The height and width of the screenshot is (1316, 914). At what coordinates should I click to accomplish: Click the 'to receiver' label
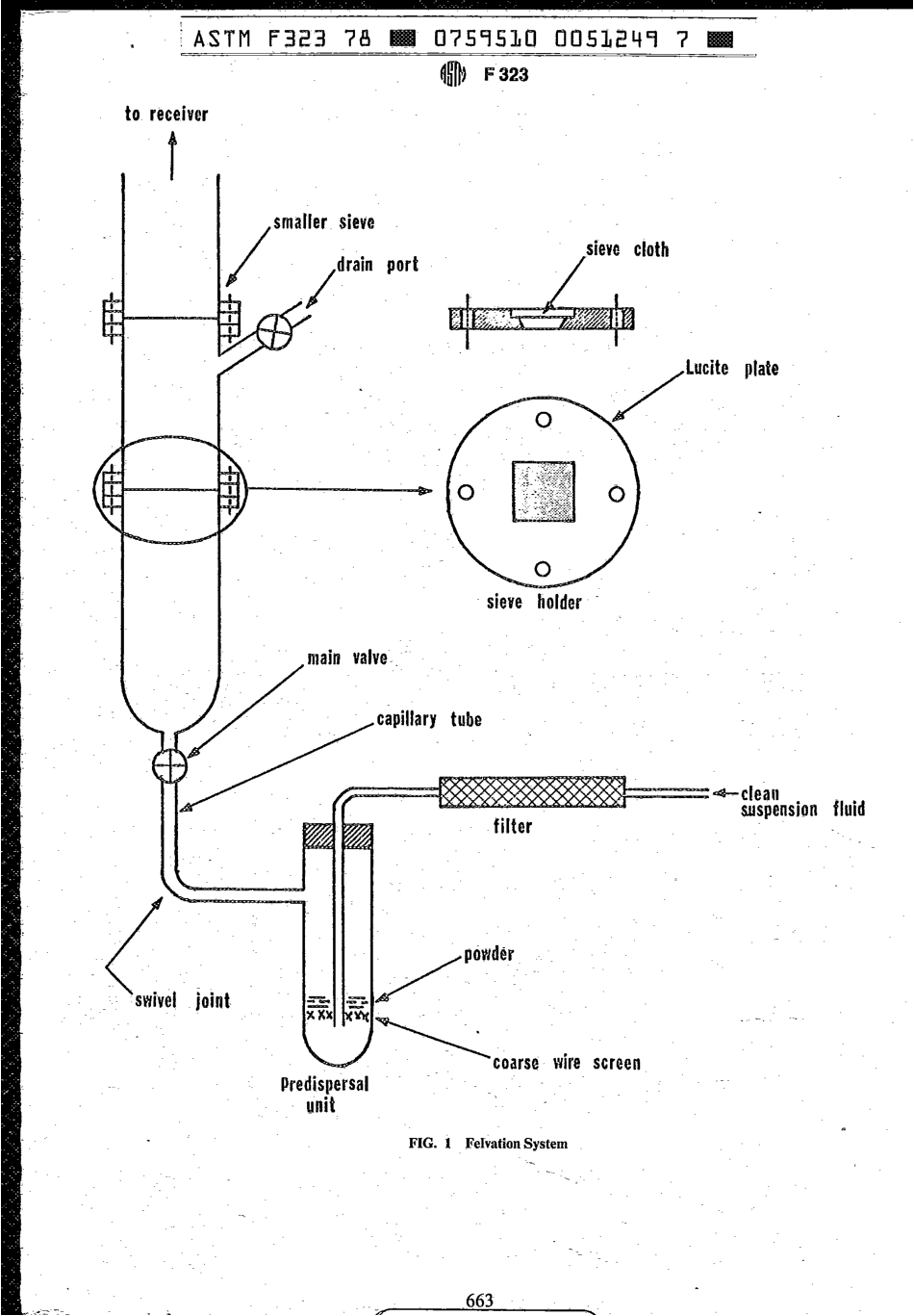(x=165, y=115)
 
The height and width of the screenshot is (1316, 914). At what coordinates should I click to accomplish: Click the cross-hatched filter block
(x=531, y=793)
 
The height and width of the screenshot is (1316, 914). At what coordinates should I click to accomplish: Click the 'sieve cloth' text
(x=627, y=249)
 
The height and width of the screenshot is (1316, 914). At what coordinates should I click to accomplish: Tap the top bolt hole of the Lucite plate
(x=544, y=419)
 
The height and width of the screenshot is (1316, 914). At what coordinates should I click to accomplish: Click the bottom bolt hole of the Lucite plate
(x=542, y=568)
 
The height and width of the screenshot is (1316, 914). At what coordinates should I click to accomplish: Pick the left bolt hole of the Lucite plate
(x=467, y=493)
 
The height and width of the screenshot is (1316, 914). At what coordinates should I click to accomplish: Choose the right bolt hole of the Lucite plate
(x=618, y=494)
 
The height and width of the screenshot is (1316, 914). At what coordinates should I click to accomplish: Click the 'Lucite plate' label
(x=731, y=368)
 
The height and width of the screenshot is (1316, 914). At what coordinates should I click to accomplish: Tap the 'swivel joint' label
(x=182, y=1000)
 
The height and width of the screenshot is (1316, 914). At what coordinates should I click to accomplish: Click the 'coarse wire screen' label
(x=566, y=1064)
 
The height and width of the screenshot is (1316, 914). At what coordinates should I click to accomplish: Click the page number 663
(x=479, y=1301)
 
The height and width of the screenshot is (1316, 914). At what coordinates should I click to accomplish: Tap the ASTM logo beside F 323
(x=450, y=73)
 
